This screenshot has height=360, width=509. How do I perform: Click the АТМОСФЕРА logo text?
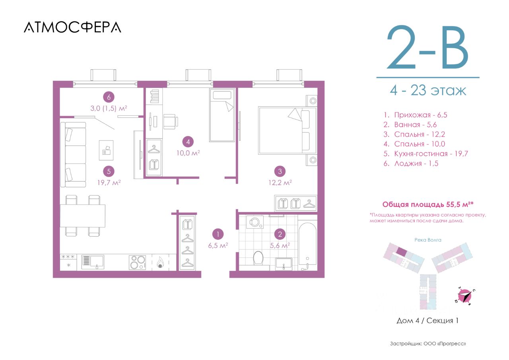click(x=72, y=27)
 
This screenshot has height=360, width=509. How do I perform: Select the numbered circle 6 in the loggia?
click(x=109, y=97)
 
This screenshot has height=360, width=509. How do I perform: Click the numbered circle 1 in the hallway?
click(x=218, y=234)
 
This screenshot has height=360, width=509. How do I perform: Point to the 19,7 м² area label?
click(x=109, y=183)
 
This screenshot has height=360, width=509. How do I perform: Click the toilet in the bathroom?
click(x=258, y=258)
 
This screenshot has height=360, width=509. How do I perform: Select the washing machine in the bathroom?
click(x=255, y=222)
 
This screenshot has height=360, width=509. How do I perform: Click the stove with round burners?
click(x=138, y=263)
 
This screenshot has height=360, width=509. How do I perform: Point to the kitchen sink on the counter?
click(x=93, y=262)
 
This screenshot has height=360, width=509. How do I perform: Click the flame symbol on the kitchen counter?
click(x=160, y=262)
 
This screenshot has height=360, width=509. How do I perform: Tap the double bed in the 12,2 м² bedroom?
click(x=288, y=131)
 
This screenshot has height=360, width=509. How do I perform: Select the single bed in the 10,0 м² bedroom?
click(x=222, y=115)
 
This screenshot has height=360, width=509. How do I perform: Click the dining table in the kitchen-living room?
click(x=82, y=216)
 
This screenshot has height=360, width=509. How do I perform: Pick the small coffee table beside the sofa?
click(x=106, y=150)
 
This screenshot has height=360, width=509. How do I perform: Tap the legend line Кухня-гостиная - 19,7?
click(x=425, y=154)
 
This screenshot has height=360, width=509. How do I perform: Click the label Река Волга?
click(x=428, y=240)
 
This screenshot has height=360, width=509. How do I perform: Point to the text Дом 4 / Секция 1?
click(x=427, y=321)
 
